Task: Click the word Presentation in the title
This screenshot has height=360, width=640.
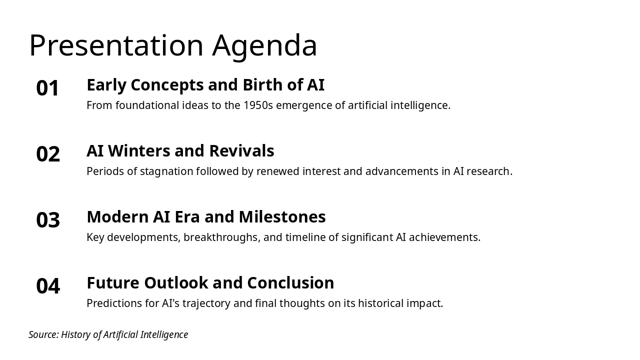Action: tap(116, 45)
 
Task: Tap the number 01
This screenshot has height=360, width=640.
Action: tap(48, 88)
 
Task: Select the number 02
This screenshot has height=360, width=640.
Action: tap(48, 154)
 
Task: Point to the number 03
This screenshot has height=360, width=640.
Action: tap(48, 220)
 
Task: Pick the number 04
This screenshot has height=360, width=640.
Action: tap(48, 286)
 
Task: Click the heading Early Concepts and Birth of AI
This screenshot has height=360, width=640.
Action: tap(205, 85)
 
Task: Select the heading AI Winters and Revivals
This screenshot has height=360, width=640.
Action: tap(180, 151)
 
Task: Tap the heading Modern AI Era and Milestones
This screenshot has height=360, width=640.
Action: tap(206, 217)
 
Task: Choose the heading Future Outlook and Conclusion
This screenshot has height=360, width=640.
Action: tap(210, 283)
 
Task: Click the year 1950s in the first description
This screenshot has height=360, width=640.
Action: tap(258, 105)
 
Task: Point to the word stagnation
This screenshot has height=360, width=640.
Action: tap(166, 171)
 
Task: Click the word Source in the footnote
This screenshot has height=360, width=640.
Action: tap(43, 334)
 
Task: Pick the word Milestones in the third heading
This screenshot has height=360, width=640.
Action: tap(282, 217)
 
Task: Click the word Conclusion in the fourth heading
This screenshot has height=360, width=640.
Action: tap(290, 283)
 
